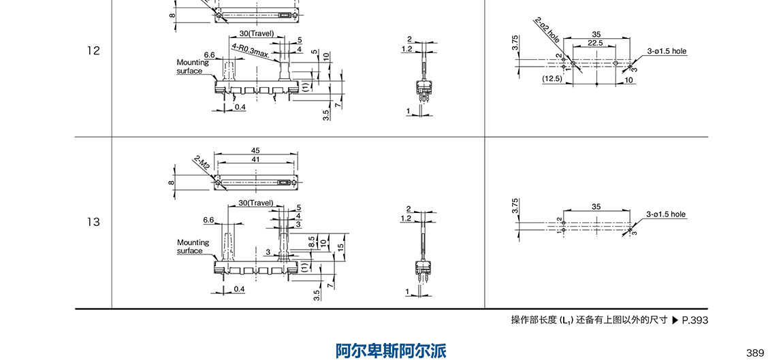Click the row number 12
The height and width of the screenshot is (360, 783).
pyautogui.click(x=93, y=50)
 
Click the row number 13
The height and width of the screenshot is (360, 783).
pyautogui.click(x=93, y=222)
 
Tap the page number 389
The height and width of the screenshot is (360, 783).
pyautogui.click(x=755, y=353)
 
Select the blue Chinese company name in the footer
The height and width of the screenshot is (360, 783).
pyautogui.click(x=391, y=351)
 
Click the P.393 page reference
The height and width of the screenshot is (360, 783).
pyautogui.click(x=694, y=320)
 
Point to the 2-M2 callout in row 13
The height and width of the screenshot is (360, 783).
pyautogui.click(x=202, y=163)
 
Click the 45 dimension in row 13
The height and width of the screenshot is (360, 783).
pyautogui.click(x=255, y=150)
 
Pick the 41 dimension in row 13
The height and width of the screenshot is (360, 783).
pyautogui.click(x=255, y=159)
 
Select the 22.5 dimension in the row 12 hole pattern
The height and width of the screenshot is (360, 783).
pyautogui.click(x=594, y=43)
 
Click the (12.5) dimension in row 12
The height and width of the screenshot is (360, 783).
pyautogui.click(x=552, y=79)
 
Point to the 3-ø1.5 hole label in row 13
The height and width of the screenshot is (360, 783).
pyautogui.click(x=667, y=214)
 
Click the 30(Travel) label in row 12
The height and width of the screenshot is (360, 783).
pyautogui.click(x=256, y=33)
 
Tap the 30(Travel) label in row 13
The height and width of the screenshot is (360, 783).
pyautogui.click(x=256, y=203)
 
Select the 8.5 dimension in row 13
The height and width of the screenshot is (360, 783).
pyautogui.click(x=311, y=242)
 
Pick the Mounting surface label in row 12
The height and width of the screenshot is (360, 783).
pyautogui.click(x=193, y=66)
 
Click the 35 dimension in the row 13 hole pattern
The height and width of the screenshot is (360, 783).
pyautogui.click(x=596, y=206)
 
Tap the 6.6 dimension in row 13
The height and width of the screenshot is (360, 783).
pyautogui.click(x=209, y=220)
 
